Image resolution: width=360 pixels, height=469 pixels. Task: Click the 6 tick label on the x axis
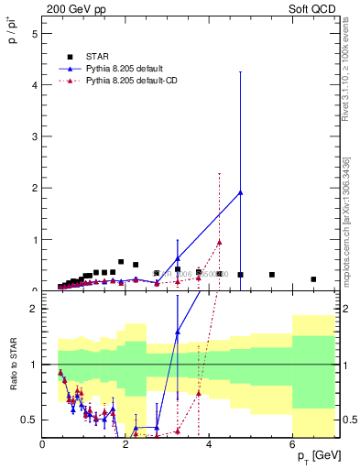pos(293,445)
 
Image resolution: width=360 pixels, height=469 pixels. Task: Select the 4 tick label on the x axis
pos(210,445)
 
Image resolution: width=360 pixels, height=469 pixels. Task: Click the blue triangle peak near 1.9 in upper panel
pos(240,192)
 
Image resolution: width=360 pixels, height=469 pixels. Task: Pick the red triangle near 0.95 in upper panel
pos(220,242)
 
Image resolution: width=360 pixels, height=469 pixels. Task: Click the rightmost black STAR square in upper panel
pos(313,279)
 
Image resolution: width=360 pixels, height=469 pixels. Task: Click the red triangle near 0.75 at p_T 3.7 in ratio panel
pos(199,393)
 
